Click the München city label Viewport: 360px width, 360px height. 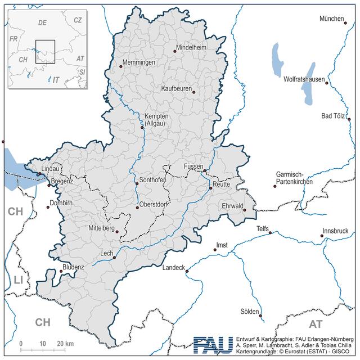pos(331,19)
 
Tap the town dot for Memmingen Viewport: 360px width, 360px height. pos(120,66)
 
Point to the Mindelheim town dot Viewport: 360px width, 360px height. pos(175,51)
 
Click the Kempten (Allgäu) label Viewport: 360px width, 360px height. pos(156,119)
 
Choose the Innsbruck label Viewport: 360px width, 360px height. pos(336,231)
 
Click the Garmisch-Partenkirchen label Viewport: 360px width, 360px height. pos(294,179)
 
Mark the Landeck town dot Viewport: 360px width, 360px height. pos(187,271)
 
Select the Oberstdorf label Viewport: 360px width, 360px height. pos(154,204)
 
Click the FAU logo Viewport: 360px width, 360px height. pos(212,345)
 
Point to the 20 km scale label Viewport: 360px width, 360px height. pos(65,344)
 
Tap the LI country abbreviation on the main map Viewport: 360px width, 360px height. pos(19,280)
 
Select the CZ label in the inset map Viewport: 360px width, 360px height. pos(78,20)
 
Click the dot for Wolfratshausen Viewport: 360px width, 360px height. pos(327,83)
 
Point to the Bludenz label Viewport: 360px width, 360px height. pos(73,267)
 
